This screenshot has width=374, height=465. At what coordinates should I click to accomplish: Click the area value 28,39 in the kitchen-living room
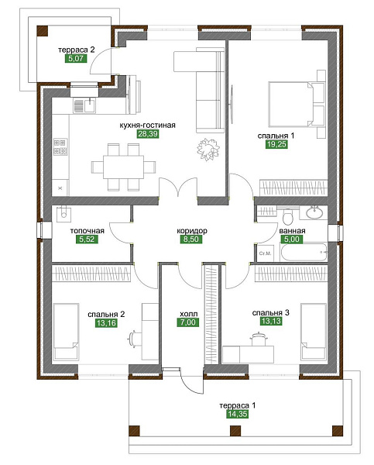pos(148,134)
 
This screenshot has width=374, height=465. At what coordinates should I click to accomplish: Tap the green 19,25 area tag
pos(276,144)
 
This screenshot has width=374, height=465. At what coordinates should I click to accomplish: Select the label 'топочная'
pos(87,231)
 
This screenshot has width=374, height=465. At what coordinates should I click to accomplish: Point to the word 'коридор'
pos(192,231)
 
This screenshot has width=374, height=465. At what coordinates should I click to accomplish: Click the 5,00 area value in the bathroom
pos(292,239)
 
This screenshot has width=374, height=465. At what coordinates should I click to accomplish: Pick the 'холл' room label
pos(188,314)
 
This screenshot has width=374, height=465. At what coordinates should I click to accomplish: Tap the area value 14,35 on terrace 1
pos(238,414)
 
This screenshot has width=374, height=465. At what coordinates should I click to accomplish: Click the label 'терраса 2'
pos(77,50)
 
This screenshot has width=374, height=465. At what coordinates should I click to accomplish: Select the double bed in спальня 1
pos(290,104)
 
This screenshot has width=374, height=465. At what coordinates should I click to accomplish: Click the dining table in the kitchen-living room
pos(124,167)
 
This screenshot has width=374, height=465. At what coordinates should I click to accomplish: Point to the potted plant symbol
pos(208,150)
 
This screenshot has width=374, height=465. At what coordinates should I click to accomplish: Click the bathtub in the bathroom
pos(304,252)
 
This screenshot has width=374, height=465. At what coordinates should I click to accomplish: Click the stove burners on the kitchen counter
pos(60,147)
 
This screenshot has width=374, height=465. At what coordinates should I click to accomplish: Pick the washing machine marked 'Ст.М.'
pos(266,253)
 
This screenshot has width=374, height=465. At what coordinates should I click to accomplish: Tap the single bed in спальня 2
pos(66,332)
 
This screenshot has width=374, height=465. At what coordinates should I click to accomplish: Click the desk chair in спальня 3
pos(260,339)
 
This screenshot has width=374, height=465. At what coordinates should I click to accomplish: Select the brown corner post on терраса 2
pos(43,32)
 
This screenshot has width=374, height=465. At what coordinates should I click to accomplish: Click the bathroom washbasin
pos(314,212)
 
